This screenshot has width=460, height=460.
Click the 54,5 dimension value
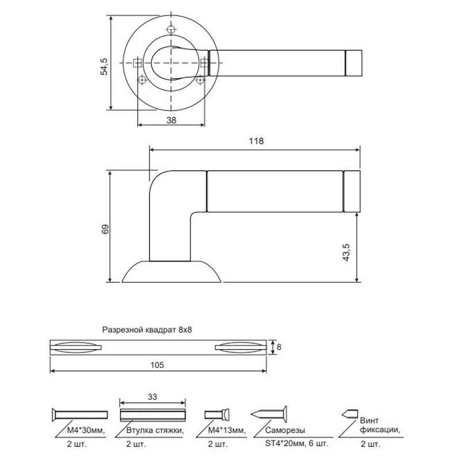click(104, 67)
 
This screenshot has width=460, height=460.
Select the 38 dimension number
click(171, 120)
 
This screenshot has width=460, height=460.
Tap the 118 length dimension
click(256, 141)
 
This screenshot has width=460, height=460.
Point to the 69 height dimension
click(105, 229)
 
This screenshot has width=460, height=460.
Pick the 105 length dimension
click(157, 365)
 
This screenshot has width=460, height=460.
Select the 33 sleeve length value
click(152, 397)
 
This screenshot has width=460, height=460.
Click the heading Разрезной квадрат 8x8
click(147, 329)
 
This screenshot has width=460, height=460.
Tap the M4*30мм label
click(86, 430)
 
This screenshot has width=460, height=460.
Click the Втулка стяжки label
click(155, 430)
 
